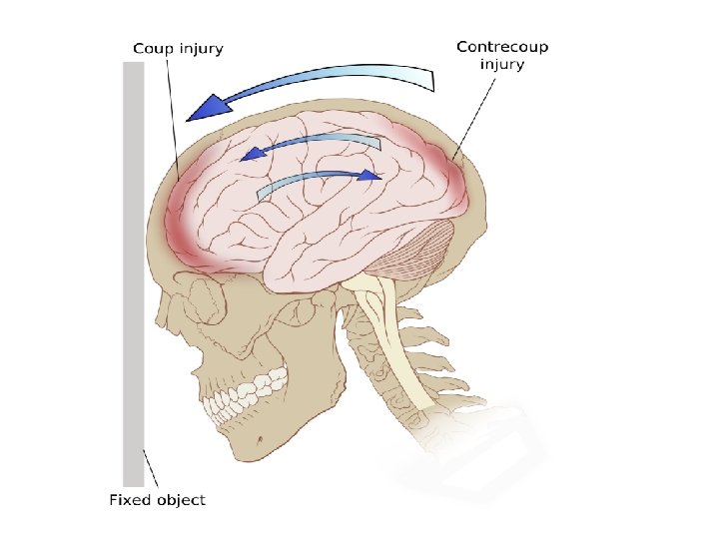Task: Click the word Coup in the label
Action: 152,48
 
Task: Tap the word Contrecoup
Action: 501,46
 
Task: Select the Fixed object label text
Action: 157,499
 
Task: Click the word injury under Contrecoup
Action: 501,65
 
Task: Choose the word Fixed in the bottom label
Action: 128,499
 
